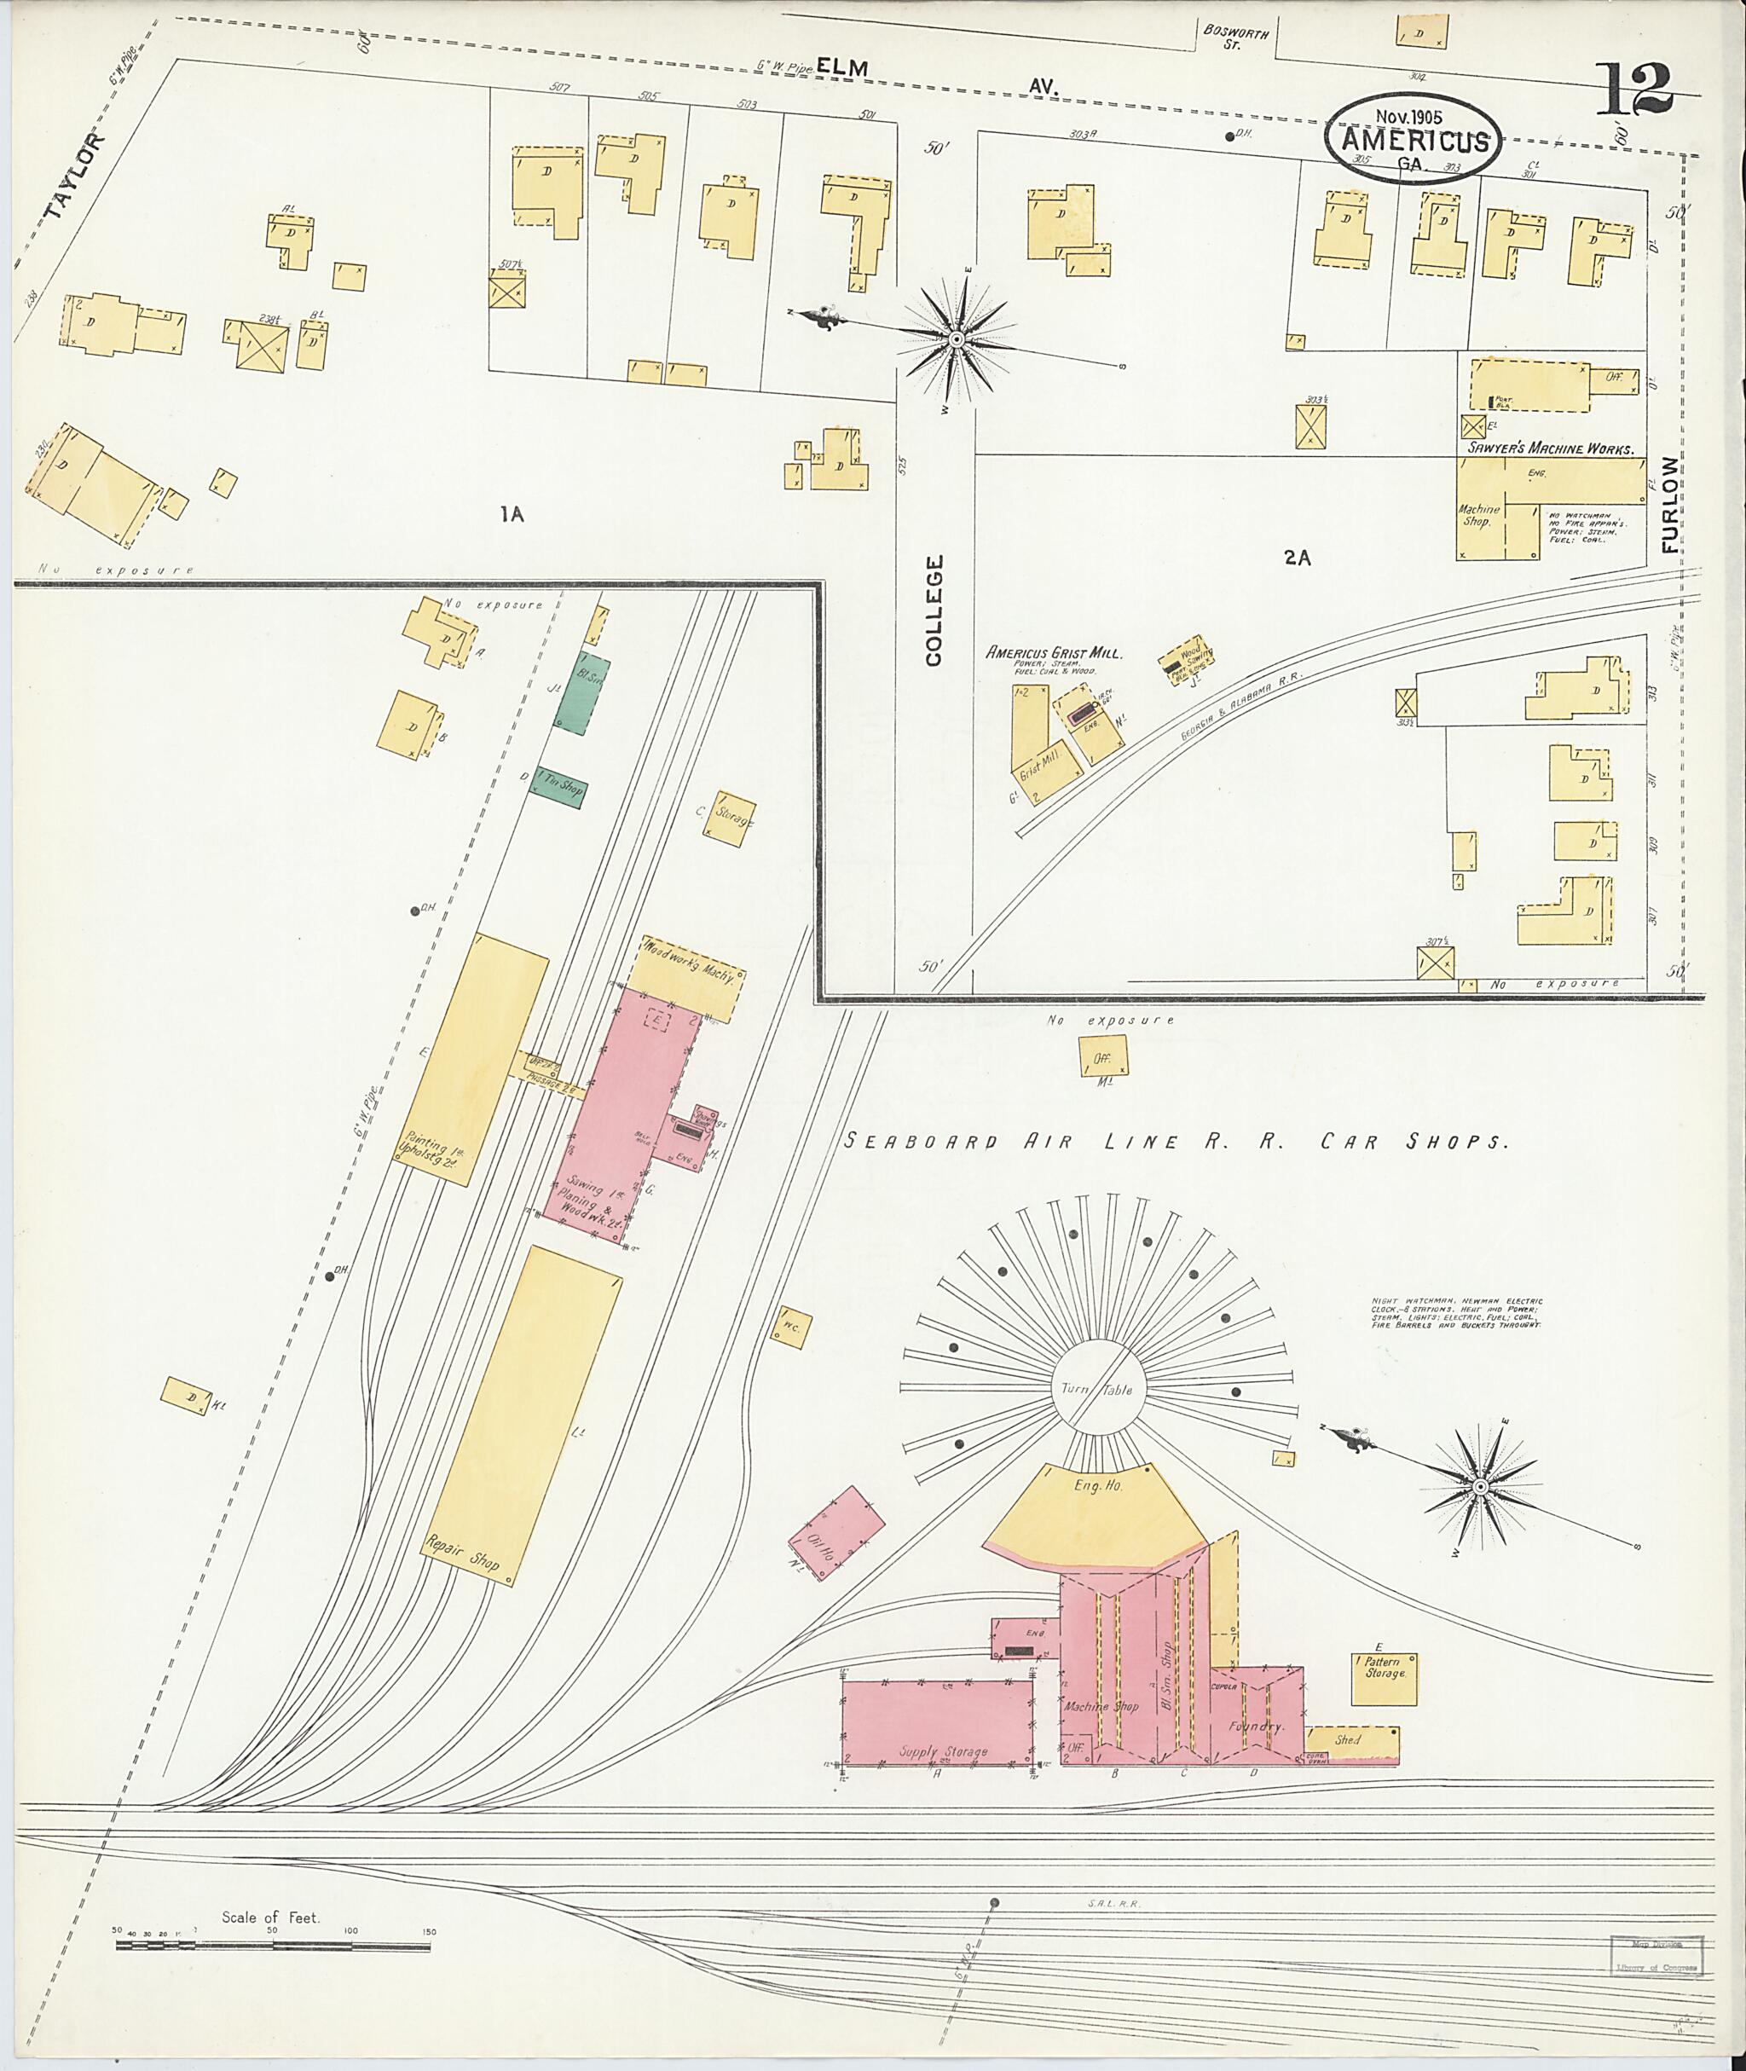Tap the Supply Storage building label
click(x=942, y=1752)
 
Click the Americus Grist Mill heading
click(x=1053, y=653)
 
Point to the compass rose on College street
click(x=957, y=339)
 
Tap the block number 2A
click(x=1297, y=558)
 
